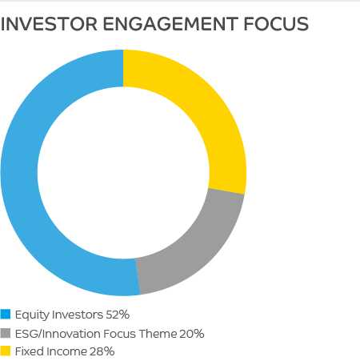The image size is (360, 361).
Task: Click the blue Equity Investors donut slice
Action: click(x=20, y=174)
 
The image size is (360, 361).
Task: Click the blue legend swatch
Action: click(x=6, y=314)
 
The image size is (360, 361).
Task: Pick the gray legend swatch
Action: click(x=6, y=333)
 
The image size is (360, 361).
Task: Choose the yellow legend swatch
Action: click(x=6, y=351)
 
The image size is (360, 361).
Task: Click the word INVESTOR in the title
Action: click(x=49, y=24)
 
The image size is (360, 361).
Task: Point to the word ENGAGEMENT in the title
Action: click(x=170, y=24)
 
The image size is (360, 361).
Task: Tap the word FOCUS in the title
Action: click(x=276, y=24)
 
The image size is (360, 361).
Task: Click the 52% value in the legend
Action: click(x=118, y=315)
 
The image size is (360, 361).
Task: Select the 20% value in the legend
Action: click(x=192, y=334)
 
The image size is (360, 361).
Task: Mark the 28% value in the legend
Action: click(x=102, y=351)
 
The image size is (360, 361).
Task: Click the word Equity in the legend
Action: click(x=32, y=315)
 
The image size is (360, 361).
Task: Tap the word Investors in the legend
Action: click(x=78, y=315)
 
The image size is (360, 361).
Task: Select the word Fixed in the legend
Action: click(x=30, y=351)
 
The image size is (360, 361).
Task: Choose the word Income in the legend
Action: click(x=67, y=351)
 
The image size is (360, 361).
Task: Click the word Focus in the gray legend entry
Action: click(x=119, y=334)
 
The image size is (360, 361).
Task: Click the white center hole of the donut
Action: click(x=123, y=173)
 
